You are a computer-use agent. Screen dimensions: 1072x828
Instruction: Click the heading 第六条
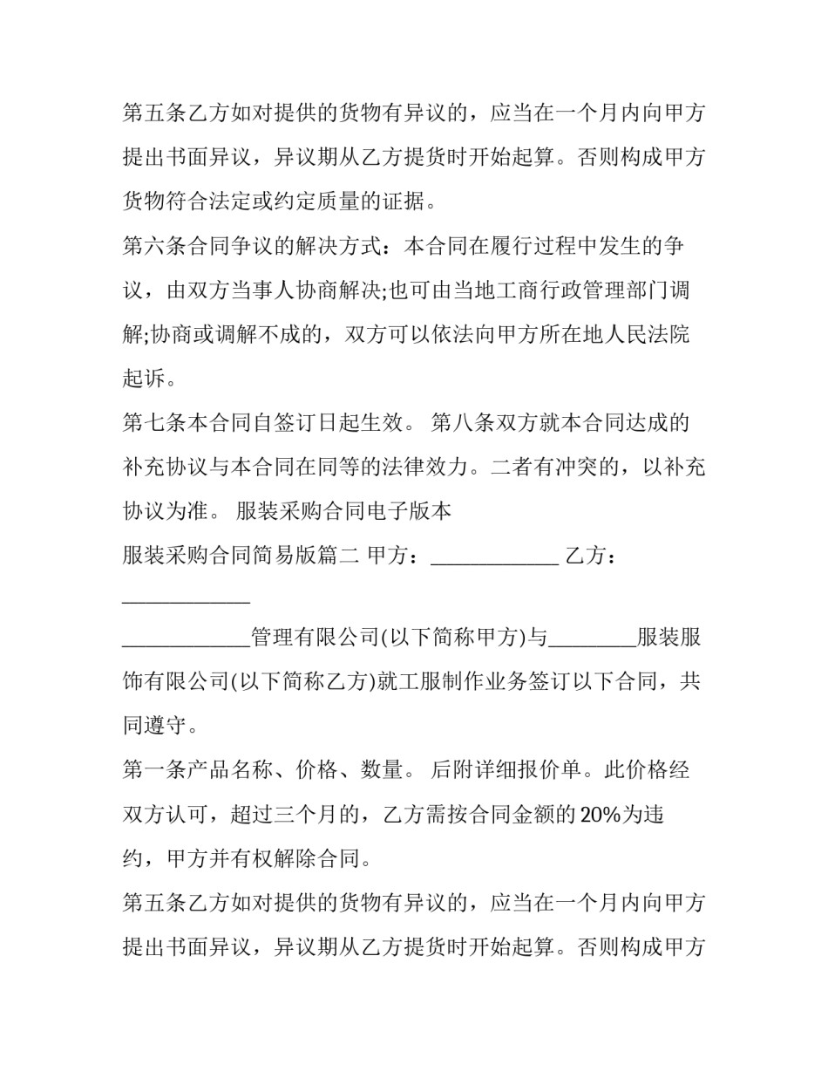[x=154, y=247]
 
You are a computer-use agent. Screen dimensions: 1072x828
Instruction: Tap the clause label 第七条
[x=154, y=423]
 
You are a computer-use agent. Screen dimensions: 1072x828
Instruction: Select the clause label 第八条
[x=464, y=423]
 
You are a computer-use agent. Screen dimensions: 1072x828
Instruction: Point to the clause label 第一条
[x=154, y=769]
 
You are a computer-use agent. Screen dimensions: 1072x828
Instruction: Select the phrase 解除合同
[x=317, y=858]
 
